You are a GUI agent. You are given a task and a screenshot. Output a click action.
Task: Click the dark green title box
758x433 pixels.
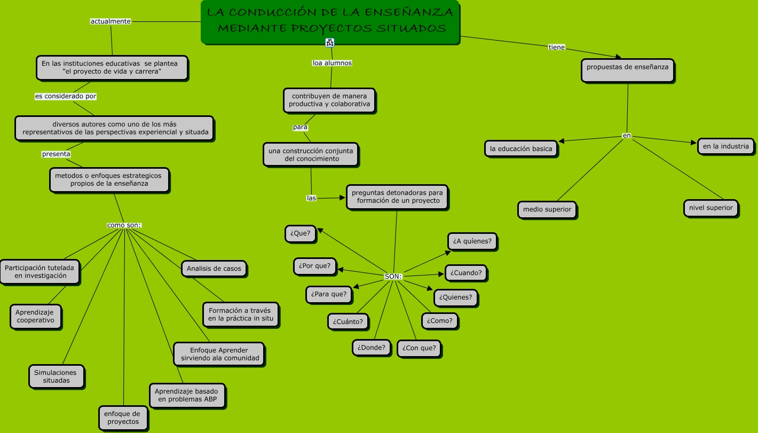click(x=330, y=22)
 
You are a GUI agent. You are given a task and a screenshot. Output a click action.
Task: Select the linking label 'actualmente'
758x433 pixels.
click(x=110, y=21)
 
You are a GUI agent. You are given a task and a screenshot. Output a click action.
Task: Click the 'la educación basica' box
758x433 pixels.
click(x=521, y=149)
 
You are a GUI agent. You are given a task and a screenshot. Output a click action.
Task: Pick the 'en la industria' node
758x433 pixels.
click(x=725, y=146)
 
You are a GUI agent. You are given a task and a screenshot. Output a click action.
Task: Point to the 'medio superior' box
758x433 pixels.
click(x=547, y=209)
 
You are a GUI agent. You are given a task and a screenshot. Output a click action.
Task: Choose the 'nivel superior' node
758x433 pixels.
click(x=710, y=208)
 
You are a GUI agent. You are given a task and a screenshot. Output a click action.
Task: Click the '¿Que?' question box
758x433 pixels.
click(x=301, y=234)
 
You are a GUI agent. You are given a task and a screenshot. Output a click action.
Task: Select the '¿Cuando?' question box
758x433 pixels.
click(x=466, y=273)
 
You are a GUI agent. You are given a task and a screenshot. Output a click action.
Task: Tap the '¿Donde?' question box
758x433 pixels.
click(x=372, y=348)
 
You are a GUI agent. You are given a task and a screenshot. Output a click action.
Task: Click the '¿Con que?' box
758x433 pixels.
click(x=419, y=348)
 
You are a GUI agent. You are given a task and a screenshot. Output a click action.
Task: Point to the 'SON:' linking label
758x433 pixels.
click(x=393, y=277)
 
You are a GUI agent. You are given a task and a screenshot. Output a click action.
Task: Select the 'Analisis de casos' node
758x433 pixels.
click(x=214, y=269)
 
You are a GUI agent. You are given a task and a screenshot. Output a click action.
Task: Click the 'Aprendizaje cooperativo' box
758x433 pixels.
click(x=35, y=317)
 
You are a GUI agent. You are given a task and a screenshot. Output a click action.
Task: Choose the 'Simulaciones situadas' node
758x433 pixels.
click(x=56, y=376)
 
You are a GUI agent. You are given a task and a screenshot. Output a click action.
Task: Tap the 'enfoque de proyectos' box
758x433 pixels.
click(x=122, y=418)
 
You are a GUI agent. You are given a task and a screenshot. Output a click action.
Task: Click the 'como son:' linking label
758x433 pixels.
click(x=124, y=225)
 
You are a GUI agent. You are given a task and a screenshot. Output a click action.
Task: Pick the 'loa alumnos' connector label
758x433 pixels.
click(x=332, y=63)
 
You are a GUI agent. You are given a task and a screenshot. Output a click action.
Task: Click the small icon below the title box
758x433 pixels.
click(x=330, y=42)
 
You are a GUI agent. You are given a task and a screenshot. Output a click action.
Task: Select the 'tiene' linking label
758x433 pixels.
click(x=557, y=48)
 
